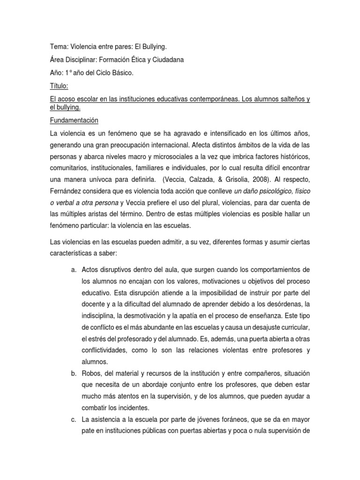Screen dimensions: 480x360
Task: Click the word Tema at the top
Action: point(58,47)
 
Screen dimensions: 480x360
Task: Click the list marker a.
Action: point(74,270)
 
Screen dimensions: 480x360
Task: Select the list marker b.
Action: point(74,373)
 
